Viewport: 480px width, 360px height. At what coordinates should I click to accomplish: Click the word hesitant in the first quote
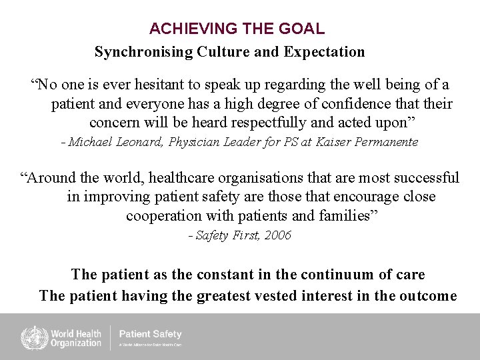click(151, 85)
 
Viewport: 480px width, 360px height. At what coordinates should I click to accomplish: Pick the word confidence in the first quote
click(352, 104)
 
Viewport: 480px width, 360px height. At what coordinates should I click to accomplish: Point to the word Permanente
click(387, 142)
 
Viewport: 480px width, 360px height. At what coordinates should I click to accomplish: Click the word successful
click(426, 178)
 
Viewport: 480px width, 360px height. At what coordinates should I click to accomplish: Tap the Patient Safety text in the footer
click(150, 334)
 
